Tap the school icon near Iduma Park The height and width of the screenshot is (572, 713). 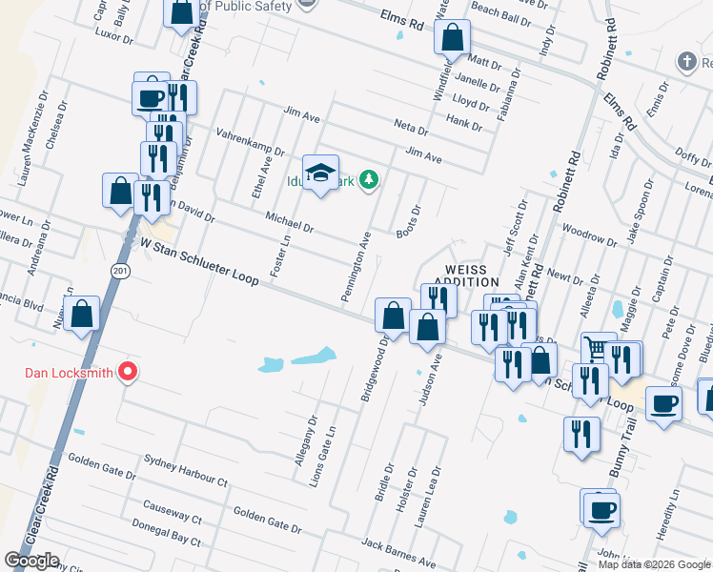(x=320, y=173)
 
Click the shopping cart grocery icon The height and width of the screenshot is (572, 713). (x=599, y=350)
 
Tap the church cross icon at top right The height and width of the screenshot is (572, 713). (x=685, y=63)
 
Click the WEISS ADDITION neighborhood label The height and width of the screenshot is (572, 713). (x=466, y=276)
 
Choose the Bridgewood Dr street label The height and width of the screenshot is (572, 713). (x=374, y=368)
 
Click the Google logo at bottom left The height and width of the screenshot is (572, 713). (x=31, y=560)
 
